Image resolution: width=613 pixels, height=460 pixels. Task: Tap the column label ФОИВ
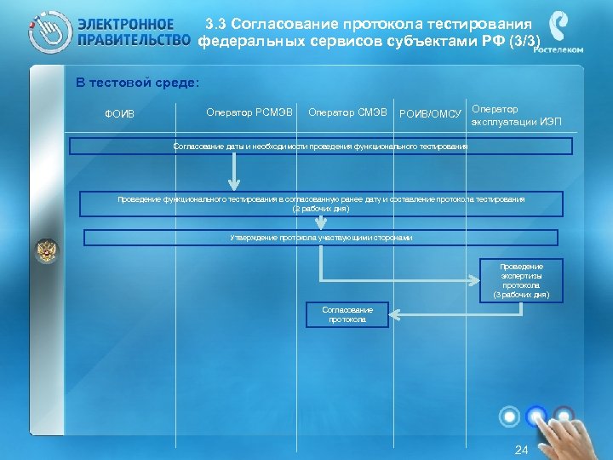tap(119, 114)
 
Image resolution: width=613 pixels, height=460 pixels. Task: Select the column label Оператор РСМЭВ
tap(249, 112)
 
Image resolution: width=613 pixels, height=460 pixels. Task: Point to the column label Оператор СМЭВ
tap(347, 112)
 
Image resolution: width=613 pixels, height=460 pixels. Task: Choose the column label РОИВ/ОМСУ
tap(430, 113)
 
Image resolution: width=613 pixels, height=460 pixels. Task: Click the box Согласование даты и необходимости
tap(320, 147)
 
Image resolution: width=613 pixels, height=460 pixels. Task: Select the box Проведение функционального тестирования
tap(320, 204)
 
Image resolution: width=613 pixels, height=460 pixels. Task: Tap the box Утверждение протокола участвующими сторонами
tap(320, 238)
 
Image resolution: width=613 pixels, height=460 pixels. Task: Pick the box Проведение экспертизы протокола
tap(521, 280)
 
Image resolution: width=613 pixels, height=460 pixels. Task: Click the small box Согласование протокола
tap(347, 314)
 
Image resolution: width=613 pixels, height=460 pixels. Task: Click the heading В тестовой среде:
tap(137, 83)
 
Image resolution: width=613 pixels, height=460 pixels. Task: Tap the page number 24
tap(522, 450)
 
